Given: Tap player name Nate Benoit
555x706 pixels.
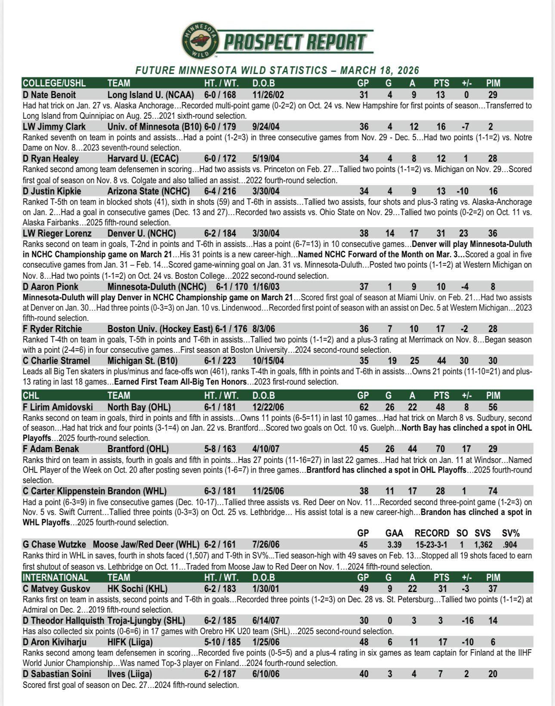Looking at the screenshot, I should tap(49, 95).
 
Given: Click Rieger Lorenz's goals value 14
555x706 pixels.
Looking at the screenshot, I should tap(390, 234).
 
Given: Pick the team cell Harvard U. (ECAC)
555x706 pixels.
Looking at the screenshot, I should tap(143, 159).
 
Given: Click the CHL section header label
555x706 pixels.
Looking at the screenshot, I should tap(31, 395).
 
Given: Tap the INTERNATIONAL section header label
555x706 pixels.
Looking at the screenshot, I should tap(55, 577).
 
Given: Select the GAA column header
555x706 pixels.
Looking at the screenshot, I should tap(394, 533).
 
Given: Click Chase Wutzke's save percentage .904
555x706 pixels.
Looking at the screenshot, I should tap(510, 545).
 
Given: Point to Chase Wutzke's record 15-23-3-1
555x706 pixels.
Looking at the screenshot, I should tap(432, 545).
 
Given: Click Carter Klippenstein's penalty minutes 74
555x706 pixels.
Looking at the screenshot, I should tap(493, 491).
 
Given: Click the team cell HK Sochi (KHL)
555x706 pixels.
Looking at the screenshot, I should tap(137, 589).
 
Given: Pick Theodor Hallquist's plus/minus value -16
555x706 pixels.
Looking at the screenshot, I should tap(466, 621).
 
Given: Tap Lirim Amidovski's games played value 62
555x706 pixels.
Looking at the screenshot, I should tap(364, 407).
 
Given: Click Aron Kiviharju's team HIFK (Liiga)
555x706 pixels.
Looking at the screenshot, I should tap(130, 642).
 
